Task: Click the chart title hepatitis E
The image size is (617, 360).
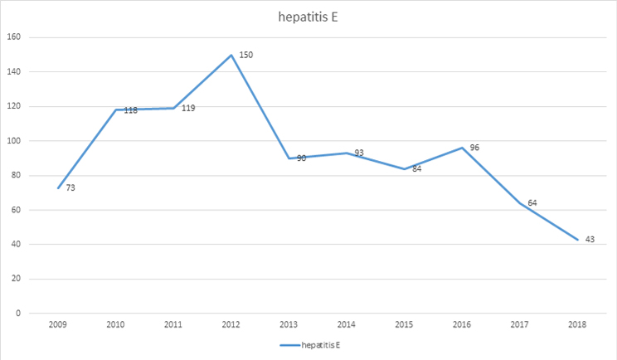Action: pos(308,16)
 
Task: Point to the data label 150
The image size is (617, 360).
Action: pos(245,55)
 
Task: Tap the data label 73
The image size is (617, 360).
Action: pos(70,188)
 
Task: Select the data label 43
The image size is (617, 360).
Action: pos(590,240)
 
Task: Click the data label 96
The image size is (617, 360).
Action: pos(474,148)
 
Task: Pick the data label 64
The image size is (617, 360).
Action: pos(532,203)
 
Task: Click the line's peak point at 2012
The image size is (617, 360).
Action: pos(231,55)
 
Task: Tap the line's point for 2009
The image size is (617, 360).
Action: pos(58,188)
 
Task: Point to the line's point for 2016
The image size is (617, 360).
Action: pos(462,148)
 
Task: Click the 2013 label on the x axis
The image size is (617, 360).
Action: pos(289,324)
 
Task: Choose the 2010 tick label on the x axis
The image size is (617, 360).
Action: pos(115,324)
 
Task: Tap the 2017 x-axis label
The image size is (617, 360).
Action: pos(519,324)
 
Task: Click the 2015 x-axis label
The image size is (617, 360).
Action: pos(404,324)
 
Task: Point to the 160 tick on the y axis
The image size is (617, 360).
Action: pos(13,37)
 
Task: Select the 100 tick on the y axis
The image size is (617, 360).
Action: pos(13,141)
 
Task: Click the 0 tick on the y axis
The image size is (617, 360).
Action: pos(18,314)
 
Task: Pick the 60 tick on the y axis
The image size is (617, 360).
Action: pos(16,210)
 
